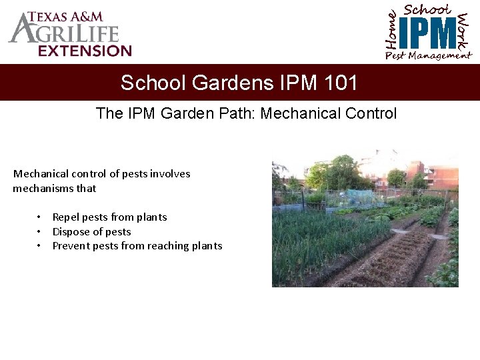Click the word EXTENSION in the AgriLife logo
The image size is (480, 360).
click(x=85, y=51)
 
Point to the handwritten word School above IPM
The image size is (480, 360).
click(x=427, y=9)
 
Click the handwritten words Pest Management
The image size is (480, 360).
click(x=427, y=56)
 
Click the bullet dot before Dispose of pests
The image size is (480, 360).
click(x=40, y=232)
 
